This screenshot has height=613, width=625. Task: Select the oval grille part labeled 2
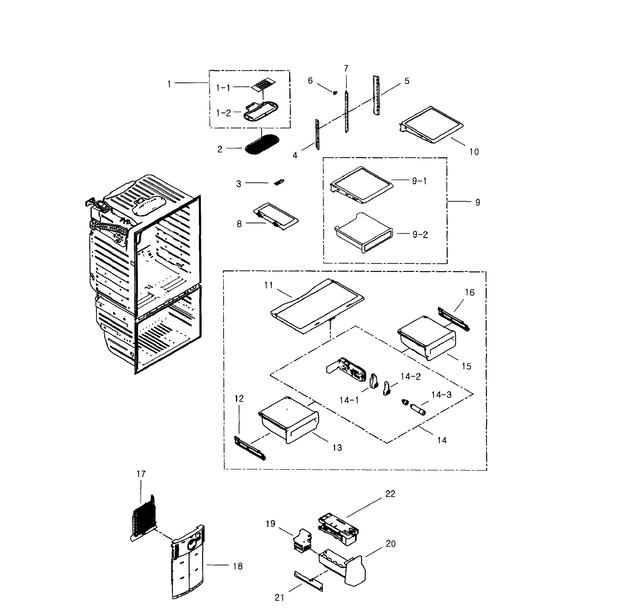[262, 144]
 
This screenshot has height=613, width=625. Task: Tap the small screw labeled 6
[335, 93]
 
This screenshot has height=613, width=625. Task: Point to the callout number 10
[474, 152]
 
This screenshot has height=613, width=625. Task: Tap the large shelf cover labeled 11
[317, 306]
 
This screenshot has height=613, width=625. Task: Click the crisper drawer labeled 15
[426, 338]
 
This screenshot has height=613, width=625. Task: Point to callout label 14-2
[410, 377]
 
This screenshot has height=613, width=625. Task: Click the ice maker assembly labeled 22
[338, 530]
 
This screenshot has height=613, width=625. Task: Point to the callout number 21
[279, 598]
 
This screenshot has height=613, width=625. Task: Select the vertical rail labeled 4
[317, 134]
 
